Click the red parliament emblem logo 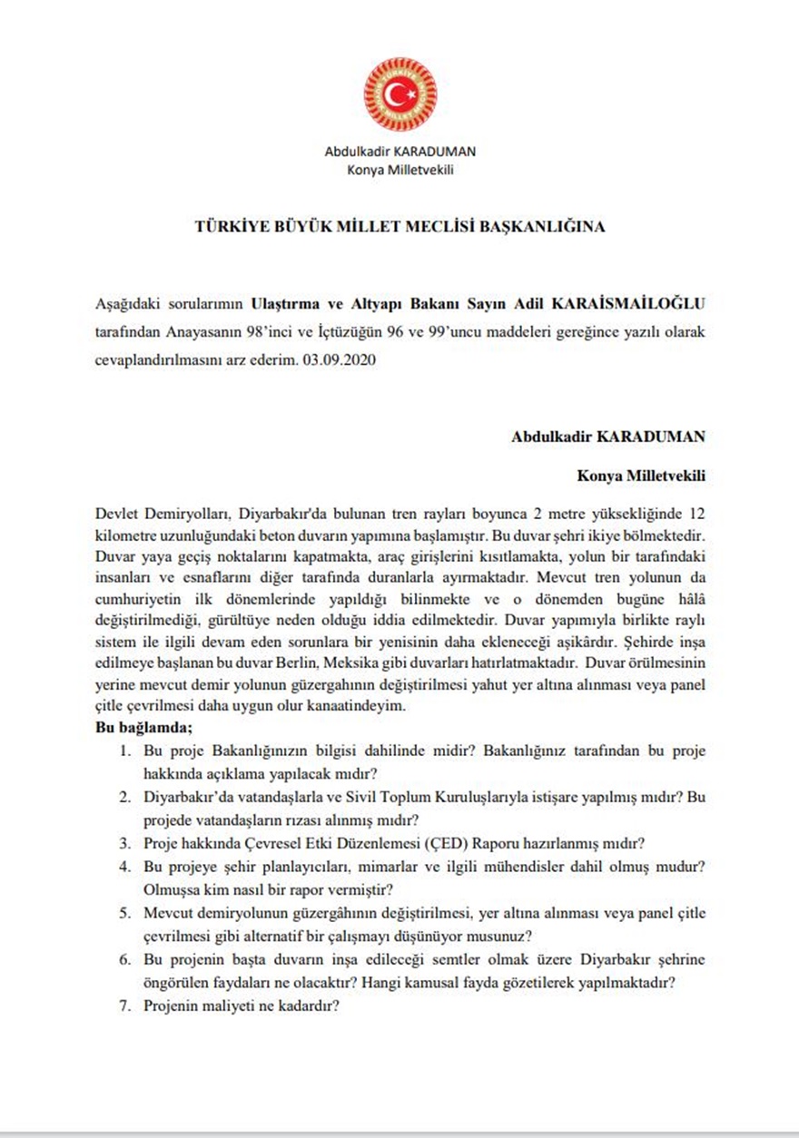pos(399,94)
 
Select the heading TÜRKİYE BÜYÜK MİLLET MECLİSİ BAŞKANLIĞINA pos(399,227)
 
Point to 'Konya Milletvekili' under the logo pos(399,169)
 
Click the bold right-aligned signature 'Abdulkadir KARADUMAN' pos(608,437)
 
